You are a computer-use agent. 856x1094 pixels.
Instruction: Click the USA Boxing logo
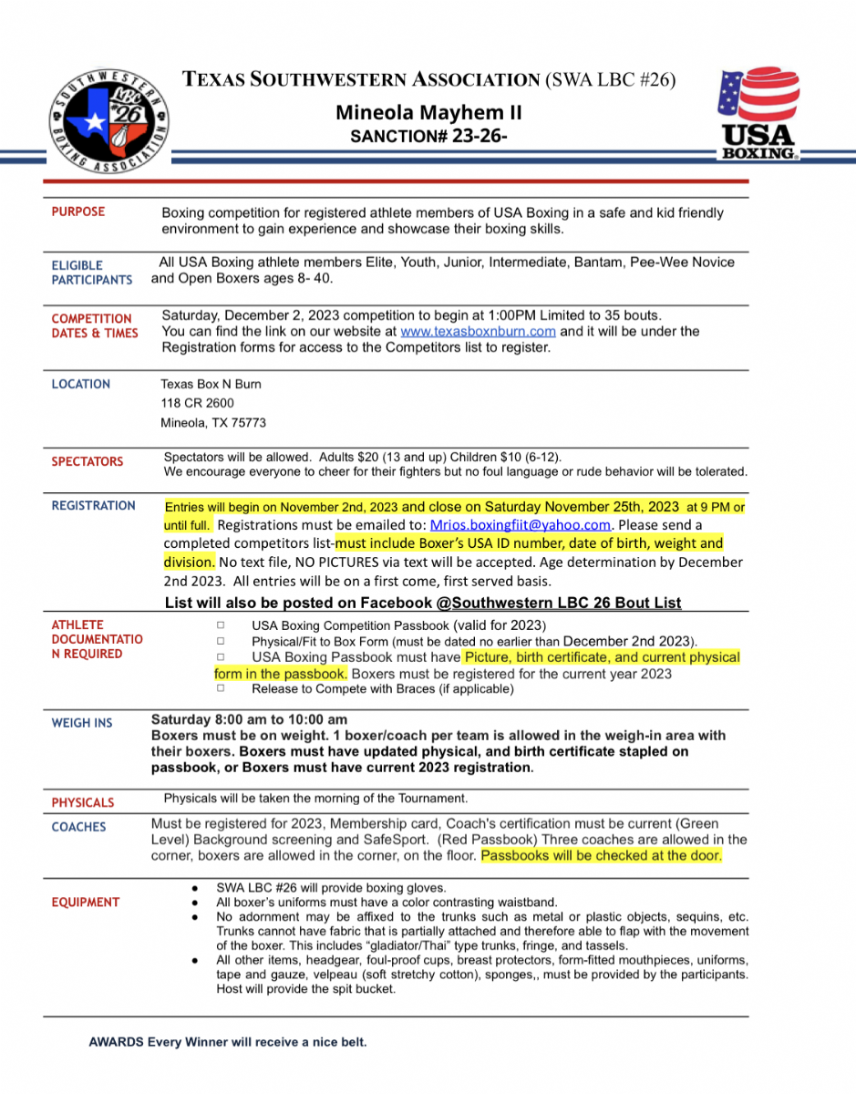[x=759, y=116]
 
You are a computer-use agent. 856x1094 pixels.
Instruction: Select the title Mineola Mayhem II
[x=428, y=113]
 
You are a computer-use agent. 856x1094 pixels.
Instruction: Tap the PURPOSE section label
[x=78, y=212]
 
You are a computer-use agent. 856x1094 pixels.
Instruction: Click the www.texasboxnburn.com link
[x=478, y=332]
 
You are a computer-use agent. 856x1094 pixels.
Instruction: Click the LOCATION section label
[x=81, y=385]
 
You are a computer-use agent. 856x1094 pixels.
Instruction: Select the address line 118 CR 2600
[x=198, y=404]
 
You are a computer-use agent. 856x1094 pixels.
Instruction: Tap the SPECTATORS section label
[x=88, y=461]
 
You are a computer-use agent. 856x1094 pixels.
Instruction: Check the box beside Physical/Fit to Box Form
[x=222, y=642]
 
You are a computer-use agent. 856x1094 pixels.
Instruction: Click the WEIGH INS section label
[x=82, y=723]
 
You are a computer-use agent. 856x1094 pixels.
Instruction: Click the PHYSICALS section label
[x=83, y=802]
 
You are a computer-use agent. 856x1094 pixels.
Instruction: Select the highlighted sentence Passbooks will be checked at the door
[x=602, y=856]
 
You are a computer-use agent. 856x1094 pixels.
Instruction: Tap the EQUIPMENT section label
[x=86, y=903]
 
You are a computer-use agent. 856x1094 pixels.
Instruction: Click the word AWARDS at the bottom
[x=116, y=1042]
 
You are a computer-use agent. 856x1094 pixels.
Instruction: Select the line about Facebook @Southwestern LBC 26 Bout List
[x=423, y=603]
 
